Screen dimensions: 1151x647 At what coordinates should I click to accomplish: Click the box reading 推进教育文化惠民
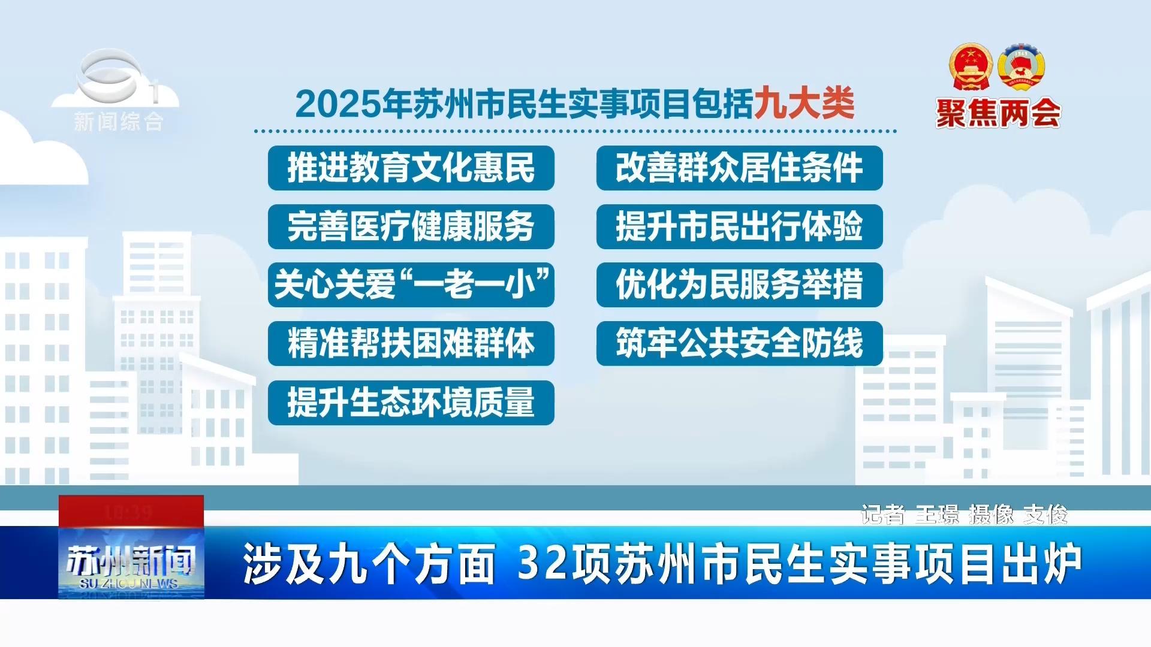[x=411, y=168]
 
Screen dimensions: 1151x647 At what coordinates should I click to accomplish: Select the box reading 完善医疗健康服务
[x=411, y=226]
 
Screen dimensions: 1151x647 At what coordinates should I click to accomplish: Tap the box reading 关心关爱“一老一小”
[x=411, y=285]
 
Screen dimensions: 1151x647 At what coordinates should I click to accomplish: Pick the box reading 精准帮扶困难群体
[x=411, y=343]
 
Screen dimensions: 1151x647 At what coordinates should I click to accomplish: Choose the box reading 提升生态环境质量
[x=411, y=403]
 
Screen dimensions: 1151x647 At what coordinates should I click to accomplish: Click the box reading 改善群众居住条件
[x=739, y=168]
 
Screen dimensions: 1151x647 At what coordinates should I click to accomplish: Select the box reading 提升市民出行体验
[x=739, y=226]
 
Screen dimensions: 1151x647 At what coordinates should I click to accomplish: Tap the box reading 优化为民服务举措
[x=739, y=285]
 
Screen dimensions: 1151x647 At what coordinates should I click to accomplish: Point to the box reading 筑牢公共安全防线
[x=739, y=343]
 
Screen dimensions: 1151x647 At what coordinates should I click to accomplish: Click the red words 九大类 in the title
[x=804, y=103]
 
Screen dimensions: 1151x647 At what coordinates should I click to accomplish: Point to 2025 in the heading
[x=338, y=104]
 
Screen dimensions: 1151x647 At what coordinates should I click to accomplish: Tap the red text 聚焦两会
[x=998, y=113]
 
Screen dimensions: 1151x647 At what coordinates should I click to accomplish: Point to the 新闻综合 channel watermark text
[x=118, y=122]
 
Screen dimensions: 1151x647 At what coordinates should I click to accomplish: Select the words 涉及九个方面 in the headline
[x=369, y=564]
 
